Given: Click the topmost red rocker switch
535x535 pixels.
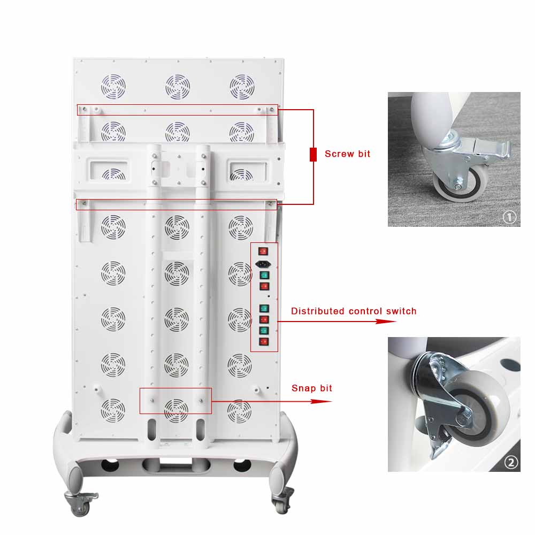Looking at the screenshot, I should (263, 251).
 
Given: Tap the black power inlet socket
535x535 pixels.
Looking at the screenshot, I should (263, 264).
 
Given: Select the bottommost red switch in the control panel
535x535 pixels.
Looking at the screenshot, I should (263, 341).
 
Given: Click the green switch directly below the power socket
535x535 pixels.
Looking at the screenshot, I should (263, 276).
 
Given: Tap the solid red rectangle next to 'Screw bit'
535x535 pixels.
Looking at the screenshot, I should (313, 155).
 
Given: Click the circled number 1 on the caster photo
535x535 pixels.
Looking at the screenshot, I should (509, 217).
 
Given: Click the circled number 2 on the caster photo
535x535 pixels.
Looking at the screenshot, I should (511, 462).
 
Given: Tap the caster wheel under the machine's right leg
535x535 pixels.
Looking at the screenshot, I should (281, 503).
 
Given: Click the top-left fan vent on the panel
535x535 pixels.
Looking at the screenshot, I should (113, 86).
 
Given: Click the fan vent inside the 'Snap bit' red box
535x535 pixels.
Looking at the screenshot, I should (176, 410).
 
